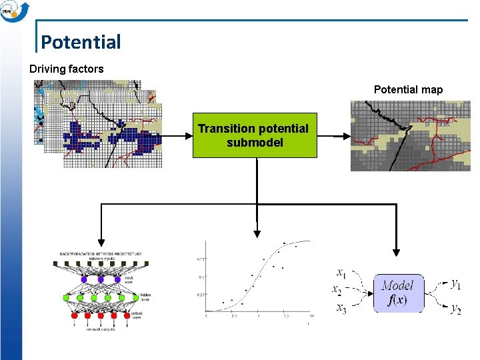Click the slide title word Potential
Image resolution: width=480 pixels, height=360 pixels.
[81, 42]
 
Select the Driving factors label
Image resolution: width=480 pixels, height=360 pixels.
[67, 69]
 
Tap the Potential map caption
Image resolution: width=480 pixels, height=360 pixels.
[408, 89]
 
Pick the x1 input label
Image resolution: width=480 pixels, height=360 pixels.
[341, 273]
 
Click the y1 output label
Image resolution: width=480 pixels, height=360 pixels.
[456, 284]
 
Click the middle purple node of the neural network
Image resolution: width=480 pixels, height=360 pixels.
[100, 279]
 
